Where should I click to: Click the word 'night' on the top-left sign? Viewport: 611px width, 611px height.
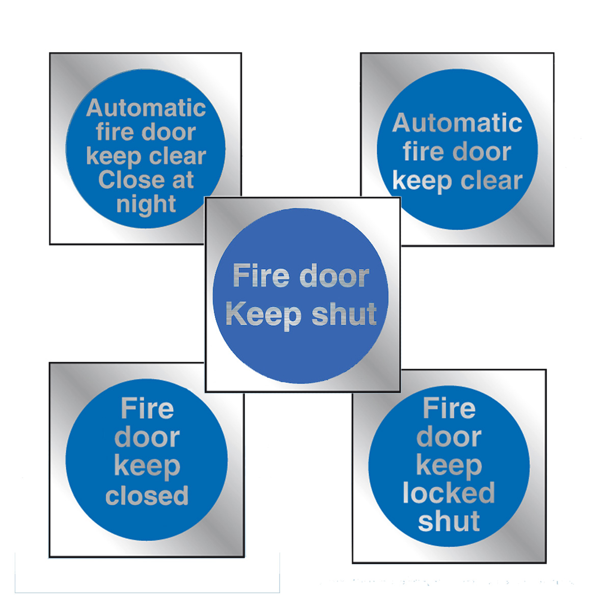146,205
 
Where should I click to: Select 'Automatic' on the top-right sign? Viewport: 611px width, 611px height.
457,123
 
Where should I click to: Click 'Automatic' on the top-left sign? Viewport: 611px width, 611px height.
146,108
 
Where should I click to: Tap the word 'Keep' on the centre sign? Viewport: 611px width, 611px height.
264,315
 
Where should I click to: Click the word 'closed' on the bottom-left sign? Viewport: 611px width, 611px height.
147,495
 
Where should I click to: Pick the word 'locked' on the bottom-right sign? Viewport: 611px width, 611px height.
449,493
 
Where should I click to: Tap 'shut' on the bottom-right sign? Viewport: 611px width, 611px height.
449,521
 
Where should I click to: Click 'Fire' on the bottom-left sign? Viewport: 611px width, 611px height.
147,408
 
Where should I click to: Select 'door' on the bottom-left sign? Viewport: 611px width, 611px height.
147,437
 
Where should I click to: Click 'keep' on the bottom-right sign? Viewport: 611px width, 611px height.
449,465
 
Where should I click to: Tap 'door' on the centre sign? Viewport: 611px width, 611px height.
334,276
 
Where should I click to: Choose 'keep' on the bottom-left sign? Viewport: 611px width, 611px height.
147,467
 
